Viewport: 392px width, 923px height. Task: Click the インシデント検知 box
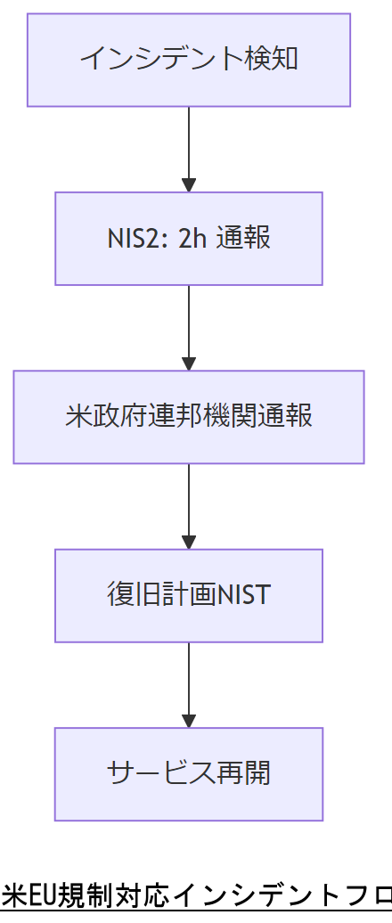pyautogui.click(x=188, y=60)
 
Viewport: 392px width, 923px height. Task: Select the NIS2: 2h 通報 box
pyautogui.click(x=188, y=239)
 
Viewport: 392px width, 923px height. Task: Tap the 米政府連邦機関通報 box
pyautogui.click(x=188, y=417)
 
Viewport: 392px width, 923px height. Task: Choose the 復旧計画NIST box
pyautogui.click(x=188, y=595)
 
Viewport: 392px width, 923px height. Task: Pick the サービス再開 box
pyautogui.click(x=188, y=773)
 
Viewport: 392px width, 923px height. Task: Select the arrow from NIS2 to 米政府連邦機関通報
pyautogui.click(x=188, y=327)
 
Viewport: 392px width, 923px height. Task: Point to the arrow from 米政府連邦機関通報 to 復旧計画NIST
pyautogui.click(x=188, y=505)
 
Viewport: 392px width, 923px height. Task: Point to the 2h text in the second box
pyautogui.click(x=192, y=240)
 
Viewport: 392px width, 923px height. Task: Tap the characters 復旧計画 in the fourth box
pyautogui.click(x=161, y=595)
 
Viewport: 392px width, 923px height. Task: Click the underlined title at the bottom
pyautogui.click(x=196, y=894)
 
